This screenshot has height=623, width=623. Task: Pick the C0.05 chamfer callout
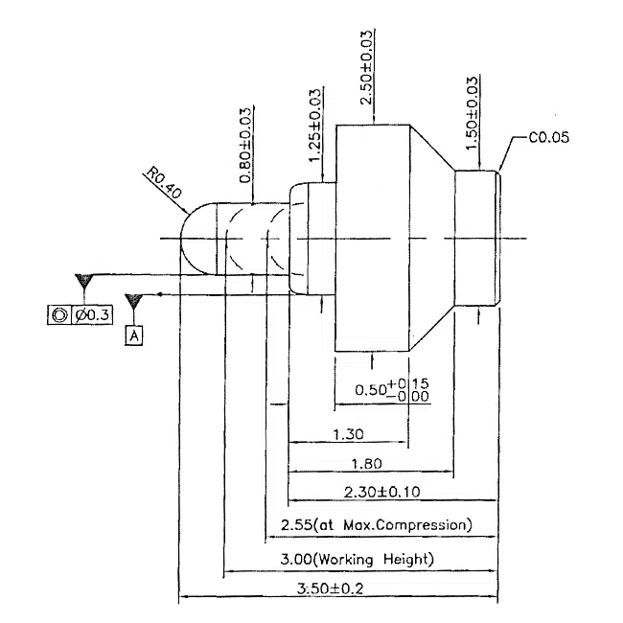pyautogui.click(x=549, y=137)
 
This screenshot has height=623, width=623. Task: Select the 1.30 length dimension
pyautogui.click(x=347, y=434)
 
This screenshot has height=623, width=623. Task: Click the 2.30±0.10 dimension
pyautogui.click(x=381, y=492)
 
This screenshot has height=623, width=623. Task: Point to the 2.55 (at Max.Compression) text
pyautogui.click(x=377, y=525)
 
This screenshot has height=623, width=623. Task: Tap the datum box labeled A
pyautogui.click(x=134, y=335)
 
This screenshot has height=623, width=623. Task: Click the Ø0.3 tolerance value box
pyautogui.click(x=94, y=314)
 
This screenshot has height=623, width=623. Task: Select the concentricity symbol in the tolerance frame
pyautogui.click(x=59, y=314)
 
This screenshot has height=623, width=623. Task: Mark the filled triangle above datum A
pyautogui.click(x=133, y=301)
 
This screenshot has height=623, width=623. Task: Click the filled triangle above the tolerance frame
pyautogui.click(x=85, y=281)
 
